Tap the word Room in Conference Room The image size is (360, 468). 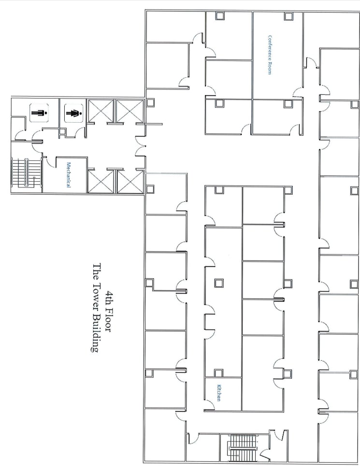click(x=270, y=69)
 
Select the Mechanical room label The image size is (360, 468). click(x=69, y=174)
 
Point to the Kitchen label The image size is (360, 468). click(x=219, y=392)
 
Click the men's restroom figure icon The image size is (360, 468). click(x=37, y=114)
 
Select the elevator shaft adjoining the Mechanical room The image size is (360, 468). click(x=101, y=182)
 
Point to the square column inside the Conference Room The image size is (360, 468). click(x=288, y=16)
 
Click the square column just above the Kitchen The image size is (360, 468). click(x=219, y=372)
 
